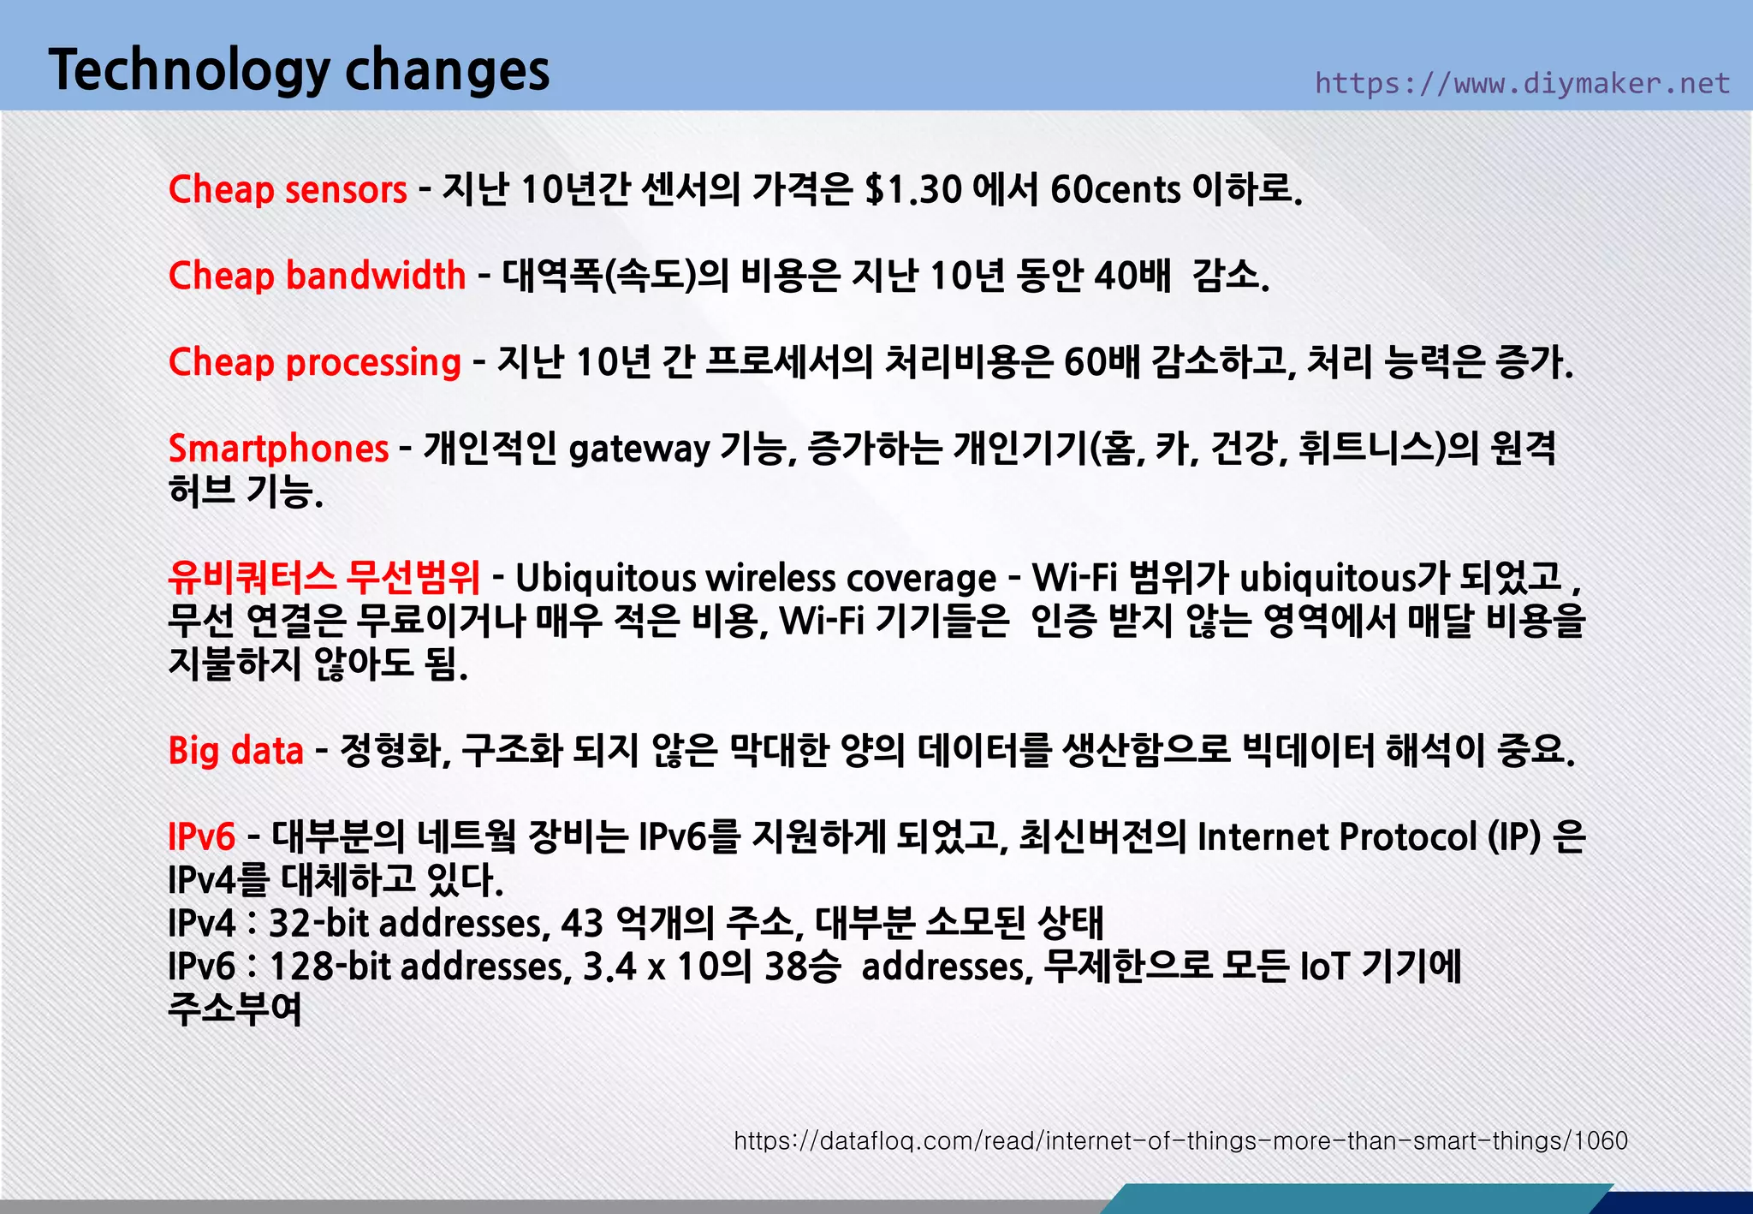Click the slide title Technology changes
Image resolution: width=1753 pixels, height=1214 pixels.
point(299,70)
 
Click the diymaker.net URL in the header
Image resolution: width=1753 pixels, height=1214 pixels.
point(1522,83)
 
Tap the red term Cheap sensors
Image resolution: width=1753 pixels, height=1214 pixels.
point(288,189)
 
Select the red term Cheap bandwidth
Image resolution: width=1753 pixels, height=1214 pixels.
point(317,276)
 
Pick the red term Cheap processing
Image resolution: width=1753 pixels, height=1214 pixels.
point(315,362)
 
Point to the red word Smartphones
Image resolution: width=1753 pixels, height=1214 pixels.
point(278,449)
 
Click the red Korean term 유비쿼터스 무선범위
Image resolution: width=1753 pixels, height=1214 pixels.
point(324,577)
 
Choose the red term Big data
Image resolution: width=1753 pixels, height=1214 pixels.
point(235,751)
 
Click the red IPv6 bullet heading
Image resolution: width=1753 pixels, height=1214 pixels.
point(201,836)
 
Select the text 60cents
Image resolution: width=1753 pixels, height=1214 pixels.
point(1115,189)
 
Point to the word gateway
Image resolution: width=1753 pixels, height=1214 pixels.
point(639,450)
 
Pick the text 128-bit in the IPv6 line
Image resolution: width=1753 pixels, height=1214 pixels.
point(330,967)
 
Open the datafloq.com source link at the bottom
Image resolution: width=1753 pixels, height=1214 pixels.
point(1180,1141)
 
